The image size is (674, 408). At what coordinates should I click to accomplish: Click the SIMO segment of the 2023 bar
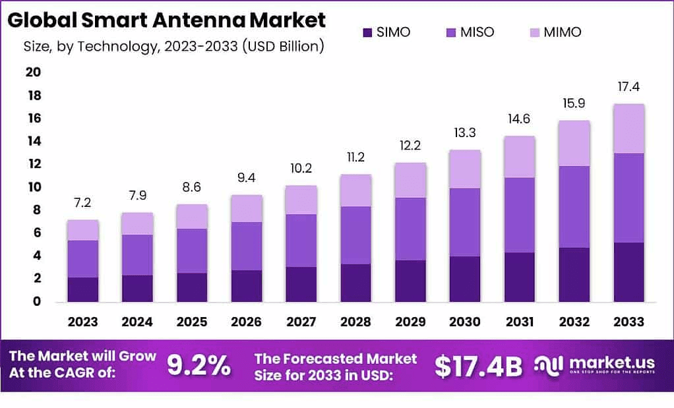point(82,289)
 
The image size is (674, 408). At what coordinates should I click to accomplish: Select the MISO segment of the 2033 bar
point(628,198)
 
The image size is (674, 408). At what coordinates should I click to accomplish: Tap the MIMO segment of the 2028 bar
point(356,190)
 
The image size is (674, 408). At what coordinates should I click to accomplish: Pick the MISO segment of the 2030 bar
point(465,222)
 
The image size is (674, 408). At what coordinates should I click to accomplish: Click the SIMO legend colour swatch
point(367,32)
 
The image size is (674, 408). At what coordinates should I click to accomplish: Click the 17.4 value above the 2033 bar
point(628,87)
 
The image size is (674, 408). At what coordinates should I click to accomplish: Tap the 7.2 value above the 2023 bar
point(82,203)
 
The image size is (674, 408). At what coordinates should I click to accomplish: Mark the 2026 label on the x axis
point(247,322)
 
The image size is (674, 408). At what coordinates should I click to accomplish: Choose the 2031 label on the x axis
point(520,322)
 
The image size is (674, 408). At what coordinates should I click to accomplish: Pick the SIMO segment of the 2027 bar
point(301,284)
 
